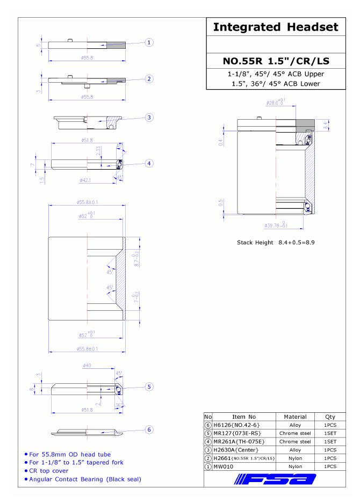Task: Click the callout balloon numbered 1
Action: point(149,42)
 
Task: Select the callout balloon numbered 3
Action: point(149,118)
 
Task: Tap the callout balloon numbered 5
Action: point(149,387)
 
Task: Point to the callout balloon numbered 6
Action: point(149,429)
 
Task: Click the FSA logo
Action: point(275,479)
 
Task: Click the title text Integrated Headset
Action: point(276,27)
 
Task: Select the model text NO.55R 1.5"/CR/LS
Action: point(276,61)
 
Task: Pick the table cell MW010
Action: point(224,466)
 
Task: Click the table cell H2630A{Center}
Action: point(236,450)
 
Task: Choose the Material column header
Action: point(295,417)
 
